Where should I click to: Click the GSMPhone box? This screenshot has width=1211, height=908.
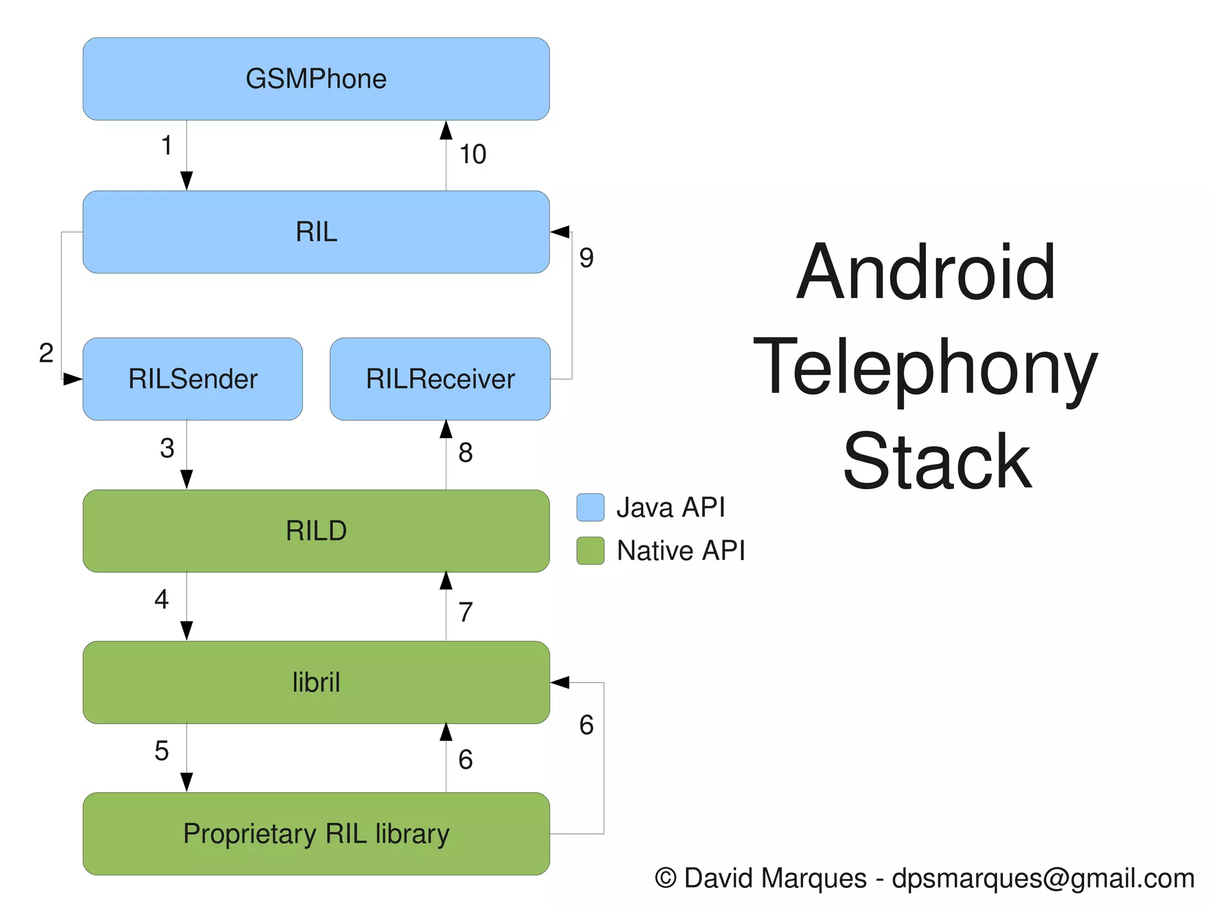[x=316, y=79]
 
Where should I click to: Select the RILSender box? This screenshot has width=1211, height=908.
[x=193, y=379]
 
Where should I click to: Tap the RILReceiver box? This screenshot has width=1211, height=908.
[x=440, y=379]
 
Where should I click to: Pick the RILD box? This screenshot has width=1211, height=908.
[x=316, y=531]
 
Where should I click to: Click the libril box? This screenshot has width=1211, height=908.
[x=316, y=682]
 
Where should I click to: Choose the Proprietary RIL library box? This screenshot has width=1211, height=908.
[x=316, y=833]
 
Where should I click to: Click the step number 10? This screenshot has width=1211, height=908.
[x=472, y=154]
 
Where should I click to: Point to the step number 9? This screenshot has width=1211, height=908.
[x=586, y=258]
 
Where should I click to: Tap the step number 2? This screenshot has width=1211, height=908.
[x=46, y=353]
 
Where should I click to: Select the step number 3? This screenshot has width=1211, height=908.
[x=167, y=448]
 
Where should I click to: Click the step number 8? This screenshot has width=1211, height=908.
[x=465, y=453]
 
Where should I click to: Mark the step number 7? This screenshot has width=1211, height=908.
[x=465, y=612]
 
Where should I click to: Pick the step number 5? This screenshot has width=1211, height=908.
[x=161, y=751]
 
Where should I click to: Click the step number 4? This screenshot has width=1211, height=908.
[x=161, y=600]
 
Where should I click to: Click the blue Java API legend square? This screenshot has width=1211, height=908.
[x=590, y=508]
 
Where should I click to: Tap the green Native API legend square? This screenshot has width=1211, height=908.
[x=590, y=551]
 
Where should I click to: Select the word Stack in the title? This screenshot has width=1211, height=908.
[x=937, y=461]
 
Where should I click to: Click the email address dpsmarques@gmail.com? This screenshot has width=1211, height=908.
[x=1043, y=878]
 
